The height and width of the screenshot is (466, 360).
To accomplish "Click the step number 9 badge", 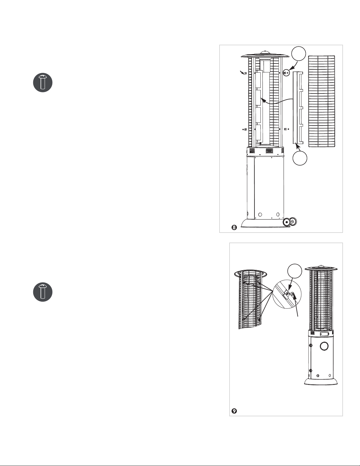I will click(x=234, y=411).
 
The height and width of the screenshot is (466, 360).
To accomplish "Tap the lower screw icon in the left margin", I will click(x=43, y=292).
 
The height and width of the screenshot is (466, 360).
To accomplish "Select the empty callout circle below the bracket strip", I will click(x=300, y=158).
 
